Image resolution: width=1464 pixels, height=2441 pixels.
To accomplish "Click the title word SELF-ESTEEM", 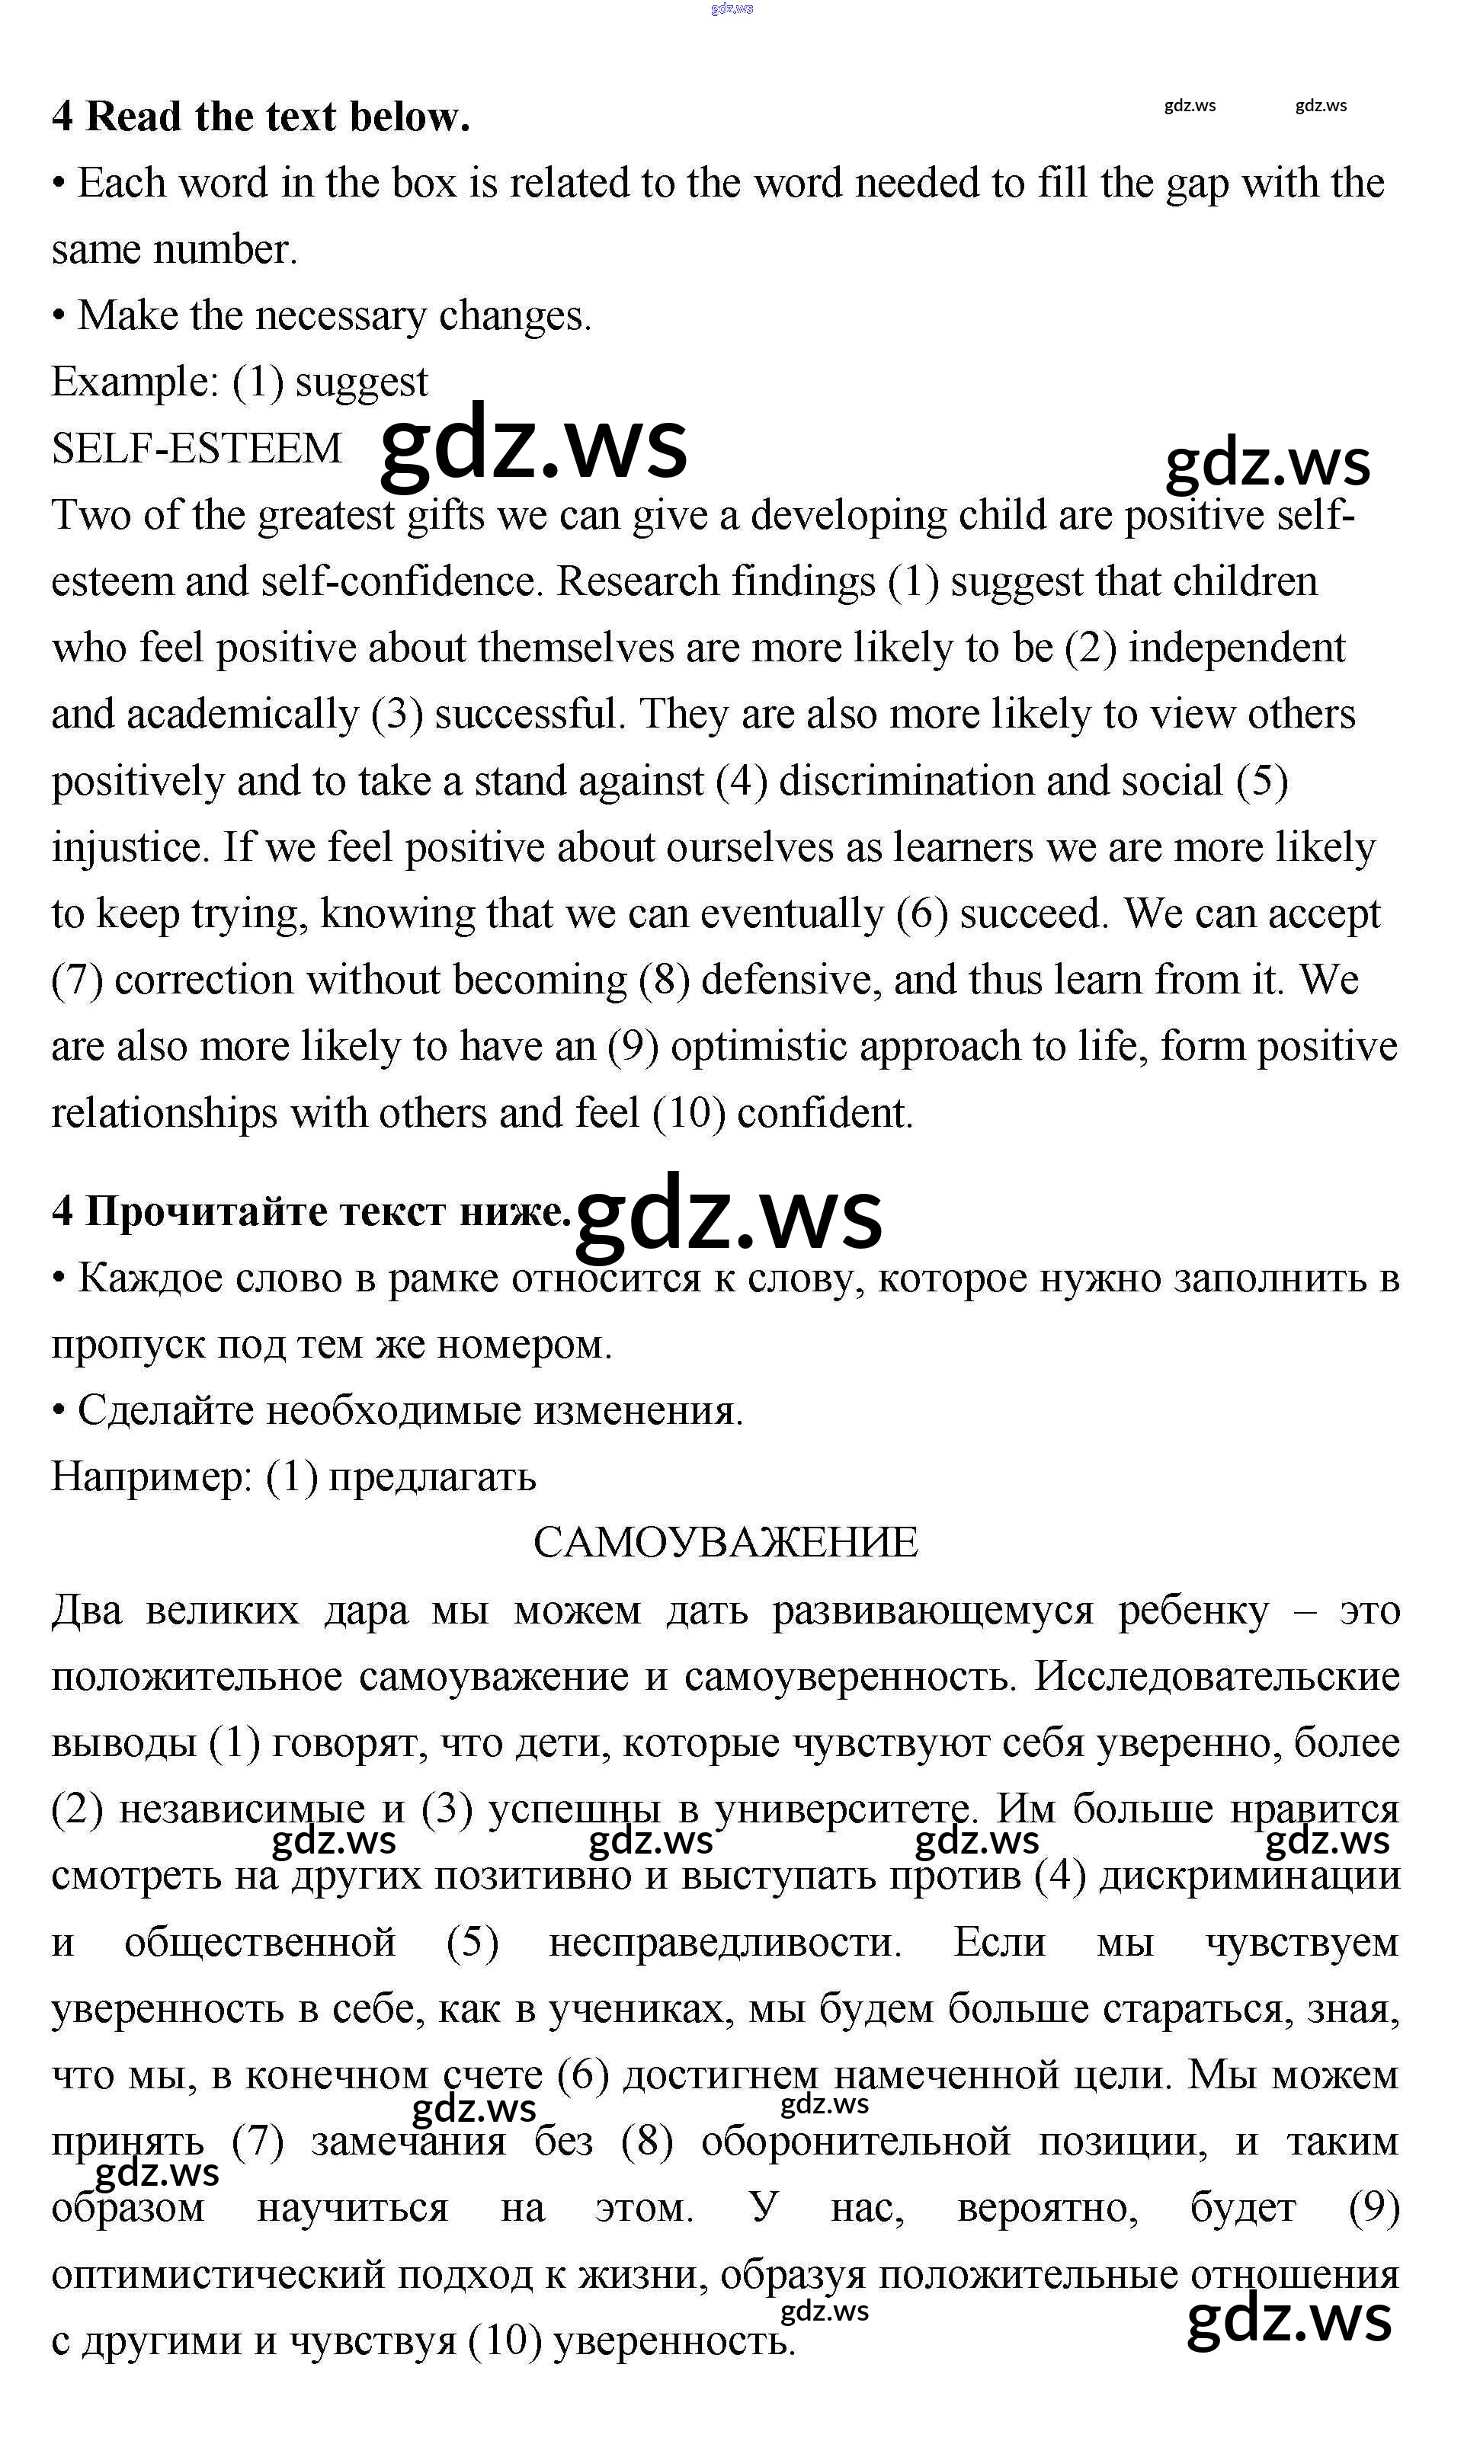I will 197,449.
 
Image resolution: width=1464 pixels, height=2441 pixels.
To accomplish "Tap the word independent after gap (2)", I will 1236,649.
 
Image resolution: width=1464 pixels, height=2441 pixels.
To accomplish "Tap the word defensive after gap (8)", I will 791,981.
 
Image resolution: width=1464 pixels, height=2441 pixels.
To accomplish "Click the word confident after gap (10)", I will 825,1114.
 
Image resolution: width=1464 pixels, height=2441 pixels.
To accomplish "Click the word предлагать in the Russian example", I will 432,1476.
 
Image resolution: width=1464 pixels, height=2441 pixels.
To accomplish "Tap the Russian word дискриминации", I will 1250,1876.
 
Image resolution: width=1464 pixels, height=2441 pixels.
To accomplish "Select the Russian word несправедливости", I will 725,1942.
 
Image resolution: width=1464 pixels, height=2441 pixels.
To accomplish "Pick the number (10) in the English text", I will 690,1114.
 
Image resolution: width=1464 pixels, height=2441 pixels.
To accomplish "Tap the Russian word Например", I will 151,1476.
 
